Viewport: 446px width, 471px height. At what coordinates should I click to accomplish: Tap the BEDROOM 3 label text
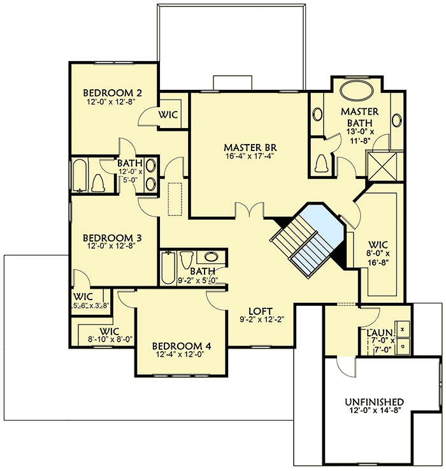pos(112,238)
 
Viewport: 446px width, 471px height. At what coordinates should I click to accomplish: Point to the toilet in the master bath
pos(320,164)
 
